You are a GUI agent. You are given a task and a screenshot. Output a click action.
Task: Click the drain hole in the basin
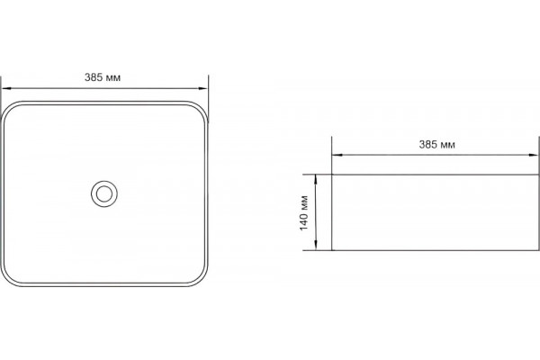(x=104, y=193)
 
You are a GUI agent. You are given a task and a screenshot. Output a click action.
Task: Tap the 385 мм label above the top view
(x=103, y=77)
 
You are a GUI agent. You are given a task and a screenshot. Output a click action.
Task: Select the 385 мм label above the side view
(x=436, y=144)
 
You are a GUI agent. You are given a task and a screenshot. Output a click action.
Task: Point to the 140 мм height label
(x=304, y=213)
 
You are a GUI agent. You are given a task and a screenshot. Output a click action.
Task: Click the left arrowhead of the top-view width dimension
(x=6, y=88)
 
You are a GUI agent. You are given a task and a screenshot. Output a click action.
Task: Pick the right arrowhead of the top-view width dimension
(x=203, y=88)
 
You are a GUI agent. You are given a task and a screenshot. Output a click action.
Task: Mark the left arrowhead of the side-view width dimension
(x=337, y=155)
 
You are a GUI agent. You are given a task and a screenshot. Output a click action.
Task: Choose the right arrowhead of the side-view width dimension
(x=533, y=155)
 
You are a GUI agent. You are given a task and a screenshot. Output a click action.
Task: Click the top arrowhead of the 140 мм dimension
(x=316, y=179)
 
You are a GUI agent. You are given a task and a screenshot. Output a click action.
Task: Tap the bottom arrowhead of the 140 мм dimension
(x=316, y=246)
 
